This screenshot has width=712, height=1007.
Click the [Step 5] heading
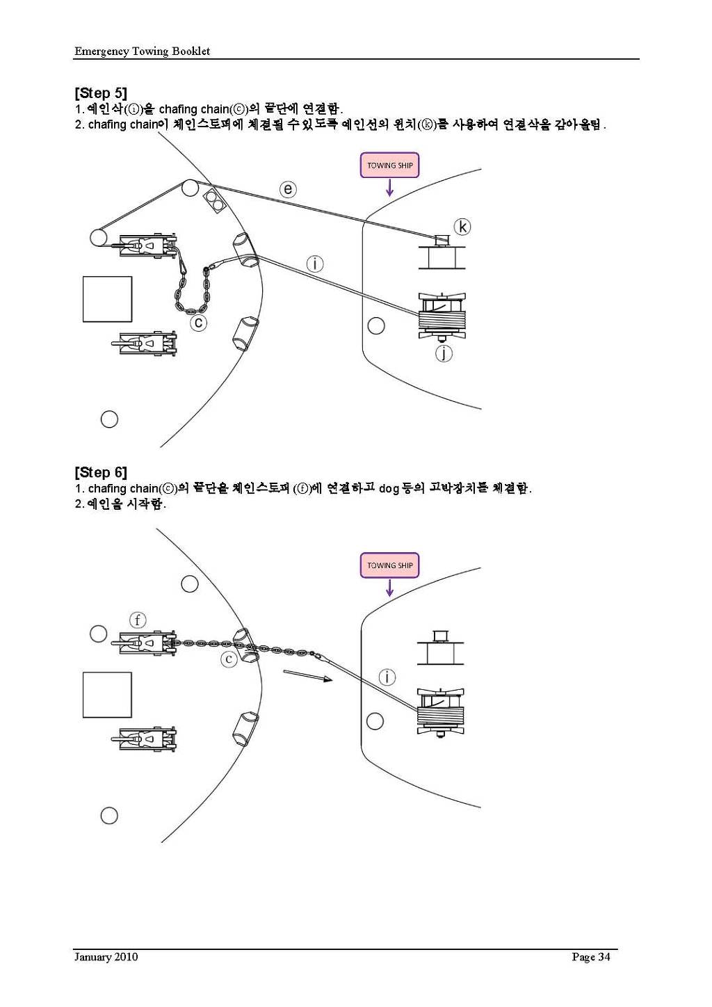pos(101,93)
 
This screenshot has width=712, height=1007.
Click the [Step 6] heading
pos(101,473)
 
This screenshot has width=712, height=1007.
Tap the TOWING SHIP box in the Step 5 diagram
pos(389,166)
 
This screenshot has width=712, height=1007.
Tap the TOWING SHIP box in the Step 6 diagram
pos(389,565)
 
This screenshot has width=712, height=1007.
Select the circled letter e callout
pos(288,189)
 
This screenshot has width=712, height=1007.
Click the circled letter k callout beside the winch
pos(462,227)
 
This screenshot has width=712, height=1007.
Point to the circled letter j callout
pos(444,353)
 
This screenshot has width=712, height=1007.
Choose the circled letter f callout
pos(138,620)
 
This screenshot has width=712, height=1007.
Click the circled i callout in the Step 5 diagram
pos(315,264)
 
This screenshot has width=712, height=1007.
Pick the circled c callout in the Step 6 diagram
pos(229,659)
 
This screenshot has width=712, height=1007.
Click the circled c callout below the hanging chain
pos(199,323)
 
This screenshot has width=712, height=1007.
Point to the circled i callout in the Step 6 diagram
pos(387,677)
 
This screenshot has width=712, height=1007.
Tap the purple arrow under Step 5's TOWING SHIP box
pos(389,187)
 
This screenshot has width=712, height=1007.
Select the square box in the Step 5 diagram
pos(107,299)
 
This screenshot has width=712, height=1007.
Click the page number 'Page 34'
pos(590,957)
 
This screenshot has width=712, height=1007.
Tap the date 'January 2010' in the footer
pos(106,957)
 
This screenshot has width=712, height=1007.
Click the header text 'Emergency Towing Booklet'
pos(142,51)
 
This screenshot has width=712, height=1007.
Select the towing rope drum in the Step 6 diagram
pos(441,711)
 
